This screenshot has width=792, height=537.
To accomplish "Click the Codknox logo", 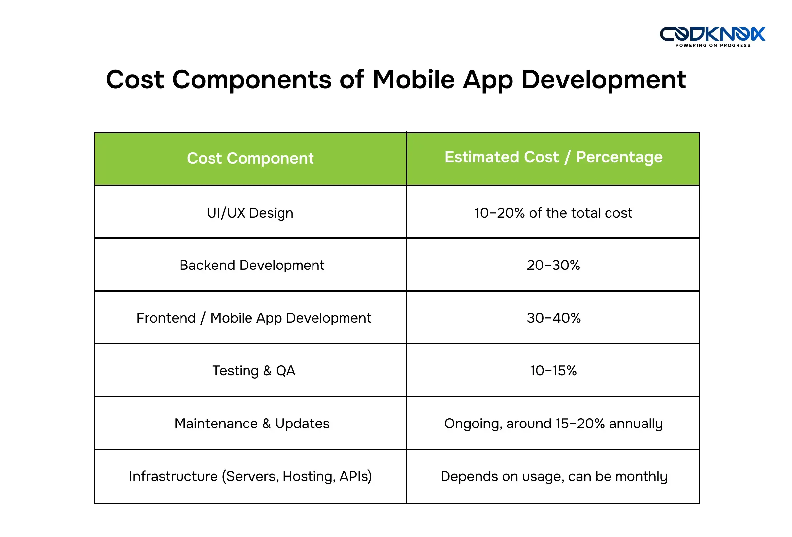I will pyautogui.click(x=712, y=34).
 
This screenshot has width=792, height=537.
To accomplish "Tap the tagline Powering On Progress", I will pyautogui.click(x=713, y=45).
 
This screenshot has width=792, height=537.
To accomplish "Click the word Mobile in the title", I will pyautogui.click(x=413, y=80).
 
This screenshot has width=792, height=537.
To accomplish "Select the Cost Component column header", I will pyautogui.click(x=250, y=158).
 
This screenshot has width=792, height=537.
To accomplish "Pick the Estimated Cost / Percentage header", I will pyautogui.click(x=553, y=157).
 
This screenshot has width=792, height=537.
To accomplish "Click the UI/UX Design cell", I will pyautogui.click(x=250, y=213).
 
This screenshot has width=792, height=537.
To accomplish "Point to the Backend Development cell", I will pyautogui.click(x=251, y=266).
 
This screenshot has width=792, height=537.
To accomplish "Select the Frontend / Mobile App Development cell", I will pyautogui.click(x=253, y=318).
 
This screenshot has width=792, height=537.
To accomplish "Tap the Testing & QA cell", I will pyautogui.click(x=253, y=371).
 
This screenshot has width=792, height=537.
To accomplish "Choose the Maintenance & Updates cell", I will pyautogui.click(x=252, y=424).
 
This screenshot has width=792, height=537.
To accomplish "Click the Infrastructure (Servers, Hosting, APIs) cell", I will pyautogui.click(x=250, y=476).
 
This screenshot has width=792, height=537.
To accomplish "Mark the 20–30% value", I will pyautogui.click(x=553, y=266).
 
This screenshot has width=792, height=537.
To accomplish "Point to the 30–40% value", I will pyautogui.click(x=553, y=318).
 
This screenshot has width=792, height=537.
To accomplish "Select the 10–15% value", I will pyautogui.click(x=553, y=371).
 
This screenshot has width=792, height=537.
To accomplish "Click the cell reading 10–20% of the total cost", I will pyautogui.click(x=553, y=213).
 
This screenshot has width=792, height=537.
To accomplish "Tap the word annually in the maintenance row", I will pyautogui.click(x=636, y=424).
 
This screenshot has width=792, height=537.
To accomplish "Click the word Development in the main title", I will pyautogui.click(x=604, y=80).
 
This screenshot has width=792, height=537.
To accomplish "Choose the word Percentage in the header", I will pyautogui.click(x=619, y=157).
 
